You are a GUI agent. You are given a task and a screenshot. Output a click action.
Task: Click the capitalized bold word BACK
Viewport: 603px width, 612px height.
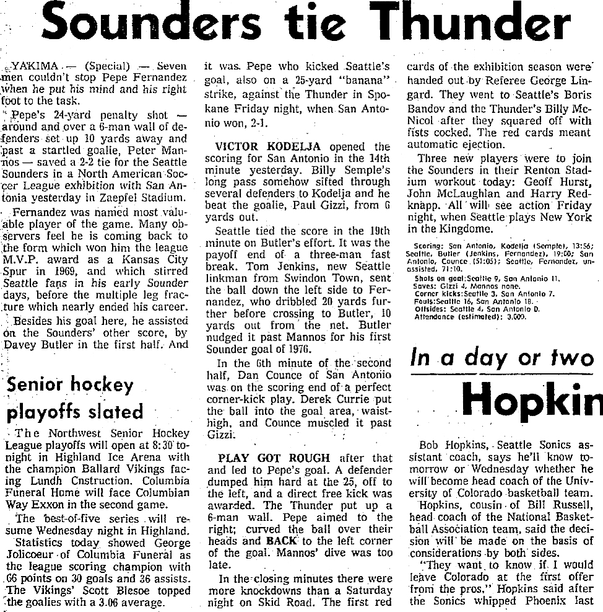pyautogui.click(x=282, y=540)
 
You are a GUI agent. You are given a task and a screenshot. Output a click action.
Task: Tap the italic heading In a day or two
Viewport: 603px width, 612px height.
pyautogui.click(x=503, y=360)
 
